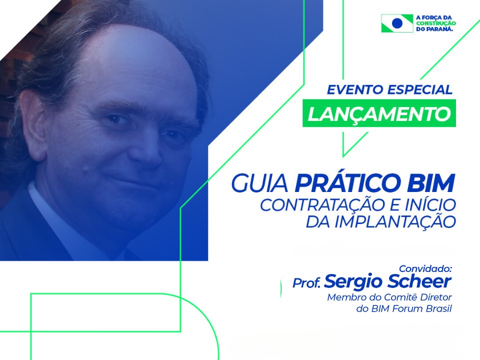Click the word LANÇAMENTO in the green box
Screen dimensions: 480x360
pos(379,114)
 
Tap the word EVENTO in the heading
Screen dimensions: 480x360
pos(355,89)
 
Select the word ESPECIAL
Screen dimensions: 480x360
pos(419,89)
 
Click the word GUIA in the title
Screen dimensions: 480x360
pos(259,183)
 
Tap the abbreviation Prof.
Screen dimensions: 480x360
pos(306,283)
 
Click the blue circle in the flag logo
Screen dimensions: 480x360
pos(397,23)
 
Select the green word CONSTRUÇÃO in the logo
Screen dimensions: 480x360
pos(436,23)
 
